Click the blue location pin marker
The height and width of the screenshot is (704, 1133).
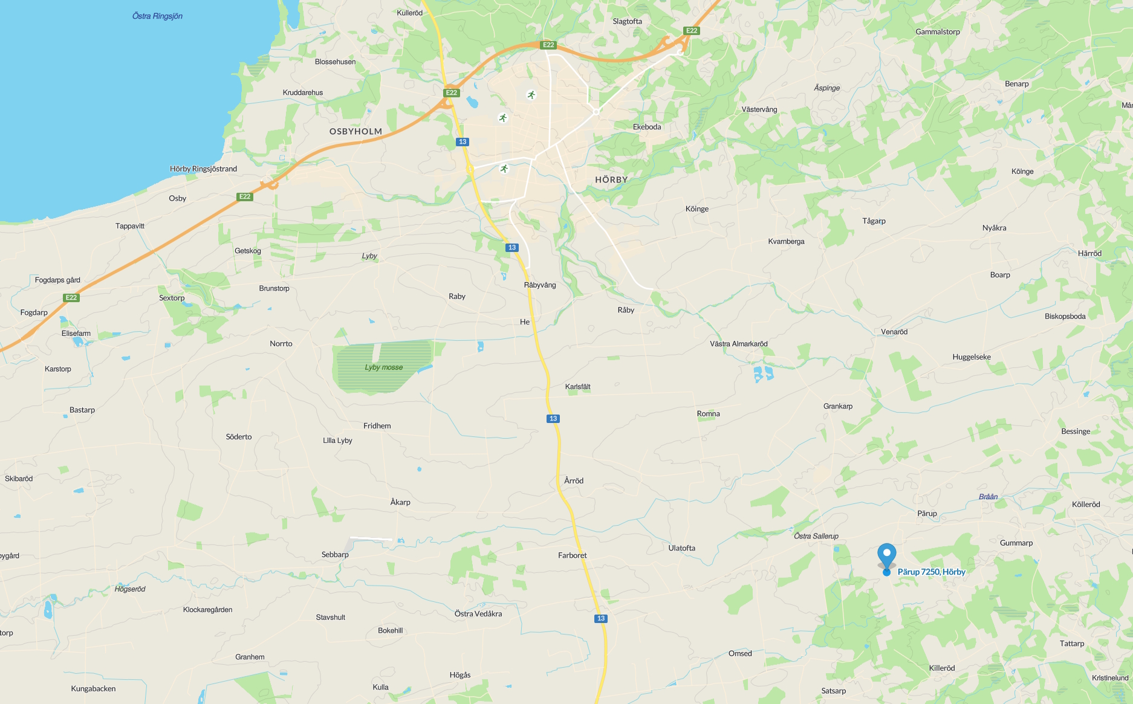[886, 555]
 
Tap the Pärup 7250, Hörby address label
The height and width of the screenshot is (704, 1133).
[931, 572]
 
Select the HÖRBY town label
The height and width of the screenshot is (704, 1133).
[611, 179]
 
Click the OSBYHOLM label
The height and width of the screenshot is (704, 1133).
[355, 131]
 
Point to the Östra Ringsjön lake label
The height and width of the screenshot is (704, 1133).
[157, 16]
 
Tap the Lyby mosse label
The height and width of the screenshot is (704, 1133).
[383, 367]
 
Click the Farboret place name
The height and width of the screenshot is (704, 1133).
[572, 555]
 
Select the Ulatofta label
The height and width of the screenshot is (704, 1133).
[681, 548]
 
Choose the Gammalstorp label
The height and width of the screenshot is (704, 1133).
[937, 32]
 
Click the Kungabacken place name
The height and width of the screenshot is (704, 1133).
[93, 688]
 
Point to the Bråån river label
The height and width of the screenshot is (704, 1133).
[988, 497]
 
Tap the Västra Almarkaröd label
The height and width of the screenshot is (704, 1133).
[738, 344]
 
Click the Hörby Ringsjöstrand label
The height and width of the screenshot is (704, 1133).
[203, 169]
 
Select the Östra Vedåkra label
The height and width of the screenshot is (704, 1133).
[478, 613]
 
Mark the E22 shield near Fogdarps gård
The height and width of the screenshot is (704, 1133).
[71, 297]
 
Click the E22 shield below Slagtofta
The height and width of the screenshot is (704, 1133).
[548, 45]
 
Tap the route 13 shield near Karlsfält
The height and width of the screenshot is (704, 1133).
[553, 419]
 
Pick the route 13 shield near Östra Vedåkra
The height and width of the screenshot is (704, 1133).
[600, 618]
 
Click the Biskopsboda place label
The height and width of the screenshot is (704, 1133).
[1065, 316]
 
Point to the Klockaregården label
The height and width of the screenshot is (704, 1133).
[207, 609]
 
